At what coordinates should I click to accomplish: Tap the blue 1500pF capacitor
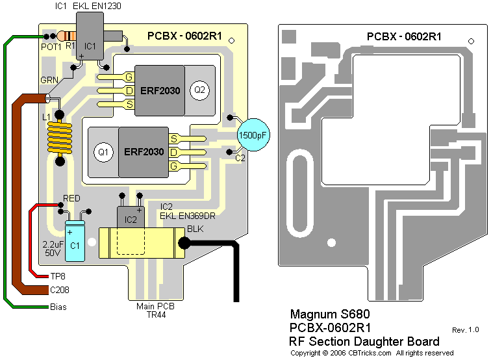(x=253, y=135)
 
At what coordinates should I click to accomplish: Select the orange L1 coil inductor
(x=60, y=138)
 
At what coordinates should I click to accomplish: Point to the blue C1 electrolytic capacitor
(x=75, y=242)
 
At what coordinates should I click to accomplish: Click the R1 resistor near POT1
(x=66, y=36)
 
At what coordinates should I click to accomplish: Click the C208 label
(x=60, y=290)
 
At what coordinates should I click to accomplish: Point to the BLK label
(x=195, y=229)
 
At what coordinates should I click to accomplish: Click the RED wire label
(x=71, y=198)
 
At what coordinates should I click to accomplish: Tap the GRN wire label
(x=49, y=80)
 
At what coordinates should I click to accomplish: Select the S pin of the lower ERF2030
(x=174, y=138)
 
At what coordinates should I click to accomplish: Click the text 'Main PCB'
(x=154, y=305)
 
